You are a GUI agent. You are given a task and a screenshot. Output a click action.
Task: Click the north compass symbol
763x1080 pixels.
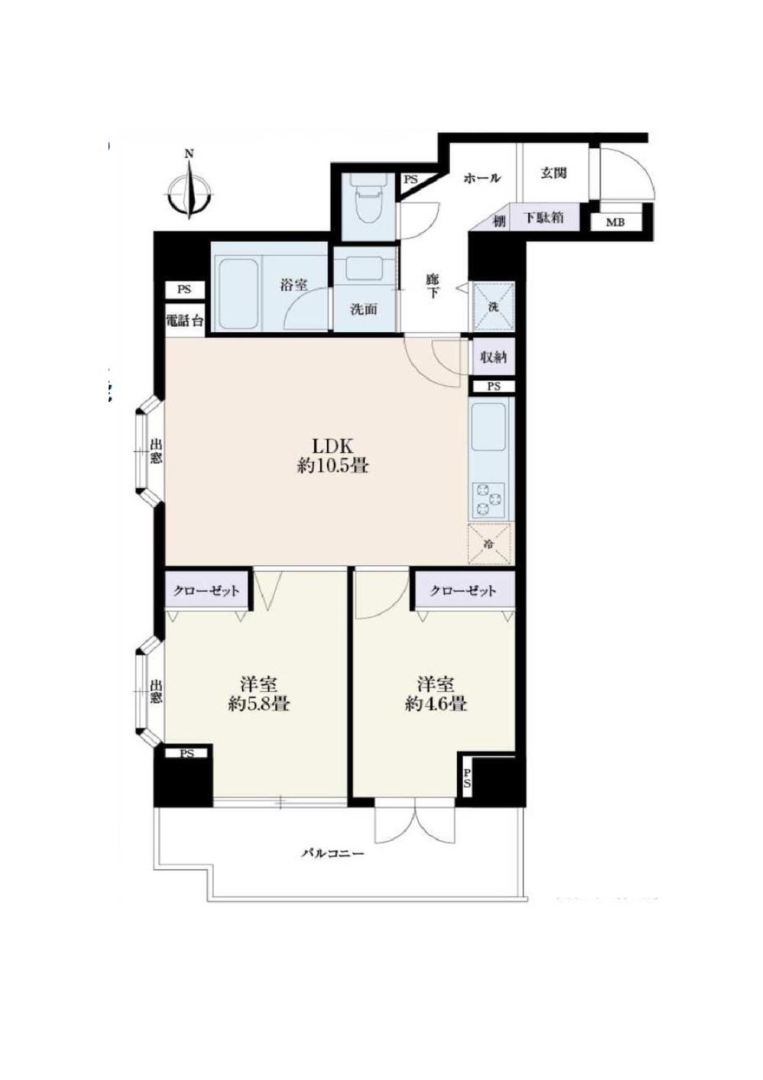(x=189, y=188)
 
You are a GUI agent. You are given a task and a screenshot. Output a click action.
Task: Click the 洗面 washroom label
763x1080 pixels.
(x=364, y=309)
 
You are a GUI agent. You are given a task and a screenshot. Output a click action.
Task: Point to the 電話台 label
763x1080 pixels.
(x=185, y=321)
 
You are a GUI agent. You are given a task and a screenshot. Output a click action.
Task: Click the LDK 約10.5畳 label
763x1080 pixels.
(x=333, y=456)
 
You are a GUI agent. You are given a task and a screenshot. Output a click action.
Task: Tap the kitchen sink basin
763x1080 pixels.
(x=489, y=428)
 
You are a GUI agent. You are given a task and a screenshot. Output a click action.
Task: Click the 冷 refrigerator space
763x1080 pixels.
(x=489, y=544)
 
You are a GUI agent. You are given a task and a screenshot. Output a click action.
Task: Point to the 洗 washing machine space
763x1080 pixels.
(x=493, y=306)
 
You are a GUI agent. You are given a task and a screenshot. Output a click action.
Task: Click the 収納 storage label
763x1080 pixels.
(x=493, y=357)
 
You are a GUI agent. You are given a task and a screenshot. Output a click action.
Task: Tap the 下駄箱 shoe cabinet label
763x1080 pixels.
(x=544, y=218)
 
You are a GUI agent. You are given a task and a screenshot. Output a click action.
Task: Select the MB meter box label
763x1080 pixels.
(x=615, y=223)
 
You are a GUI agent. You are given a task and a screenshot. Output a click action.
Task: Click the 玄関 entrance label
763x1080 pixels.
(x=554, y=173)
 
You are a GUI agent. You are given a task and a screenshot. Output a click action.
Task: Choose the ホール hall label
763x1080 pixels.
(x=482, y=178)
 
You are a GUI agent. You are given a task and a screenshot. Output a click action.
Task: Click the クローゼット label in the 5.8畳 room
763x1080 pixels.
(x=206, y=590)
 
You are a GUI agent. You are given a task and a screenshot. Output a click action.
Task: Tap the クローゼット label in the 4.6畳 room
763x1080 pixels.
(x=463, y=590)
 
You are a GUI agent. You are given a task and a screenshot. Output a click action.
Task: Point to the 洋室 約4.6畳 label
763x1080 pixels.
(x=435, y=694)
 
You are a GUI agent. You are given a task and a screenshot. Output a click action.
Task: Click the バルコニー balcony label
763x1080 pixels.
(x=331, y=853)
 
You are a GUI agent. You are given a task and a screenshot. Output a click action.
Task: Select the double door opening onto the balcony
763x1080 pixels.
(x=412, y=823)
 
